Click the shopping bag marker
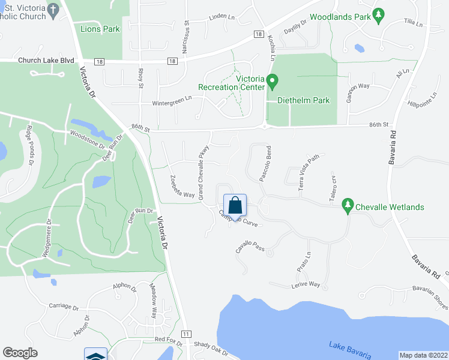[x=235, y=205]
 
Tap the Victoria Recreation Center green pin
[x=271, y=80]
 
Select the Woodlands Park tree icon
[x=378, y=16]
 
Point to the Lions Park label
[x=100, y=29]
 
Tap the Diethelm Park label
[x=303, y=101]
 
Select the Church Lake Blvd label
[x=46, y=61]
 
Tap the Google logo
[x=20, y=353]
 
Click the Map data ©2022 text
[x=423, y=355]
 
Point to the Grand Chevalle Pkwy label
[x=203, y=173]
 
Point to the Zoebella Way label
[x=182, y=187]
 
